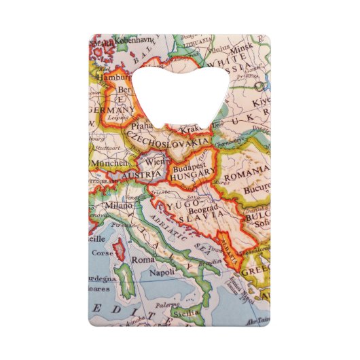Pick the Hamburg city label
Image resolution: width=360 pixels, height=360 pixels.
pos(115,77)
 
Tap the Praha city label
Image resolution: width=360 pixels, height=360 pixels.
pos(143,126)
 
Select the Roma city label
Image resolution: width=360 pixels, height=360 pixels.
pos(143,259)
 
